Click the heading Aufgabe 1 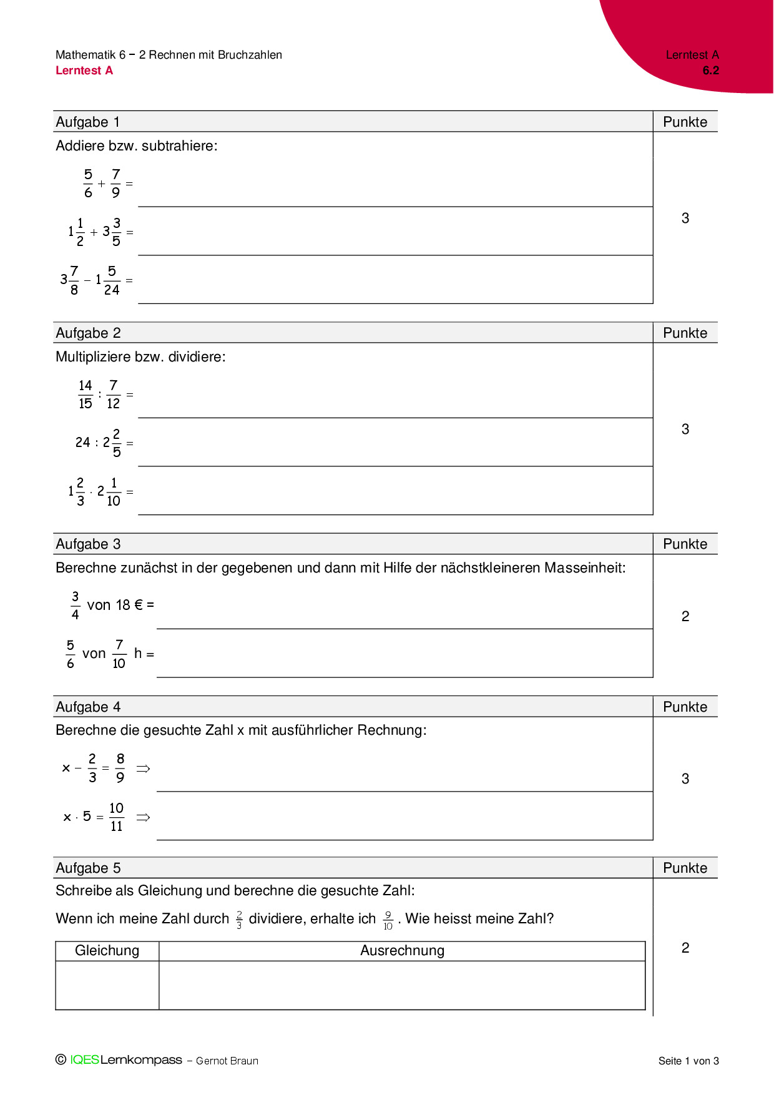coord(87,122)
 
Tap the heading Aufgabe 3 coord(88,544)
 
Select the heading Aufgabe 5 coord(88,868)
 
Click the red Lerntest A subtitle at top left coord(84,71)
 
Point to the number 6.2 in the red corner coord(710,71)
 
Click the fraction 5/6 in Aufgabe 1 coord(88,184)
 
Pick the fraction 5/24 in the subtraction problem coord(112,280)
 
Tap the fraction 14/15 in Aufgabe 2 coord(86,395)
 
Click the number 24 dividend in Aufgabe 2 coord(82,443)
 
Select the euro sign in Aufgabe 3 coord(139,605)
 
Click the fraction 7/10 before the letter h coord(119,654)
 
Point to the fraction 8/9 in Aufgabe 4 coord(120,768)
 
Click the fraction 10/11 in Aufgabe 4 coord(116,817)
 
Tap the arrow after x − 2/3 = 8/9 coord(143,768)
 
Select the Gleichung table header coord(107,950)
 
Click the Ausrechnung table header coord(402,950)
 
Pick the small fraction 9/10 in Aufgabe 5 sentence coord(388,920)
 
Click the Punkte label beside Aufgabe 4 coord(685,707)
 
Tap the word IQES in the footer coord(84,1059)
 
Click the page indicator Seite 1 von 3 coord(688,1061)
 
